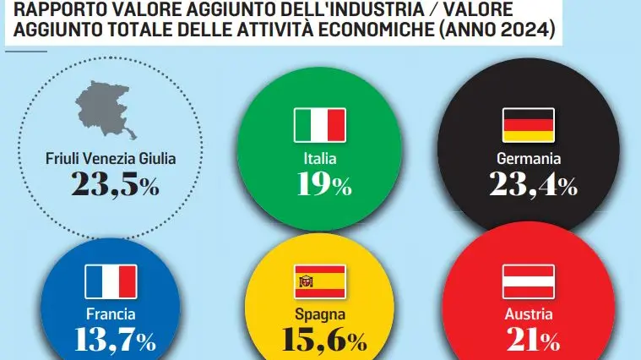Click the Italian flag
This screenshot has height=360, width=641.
(320, 125)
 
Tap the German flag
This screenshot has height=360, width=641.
(529, 124)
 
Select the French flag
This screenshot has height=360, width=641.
(111, 281)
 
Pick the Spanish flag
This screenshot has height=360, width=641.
(320, 281)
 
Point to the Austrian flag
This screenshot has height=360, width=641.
(529, 281)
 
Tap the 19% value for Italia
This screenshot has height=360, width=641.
(320, 184)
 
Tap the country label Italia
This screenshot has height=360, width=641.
(320, 158)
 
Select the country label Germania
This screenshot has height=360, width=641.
(529, 158)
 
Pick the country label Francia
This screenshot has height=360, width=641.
(111, 314)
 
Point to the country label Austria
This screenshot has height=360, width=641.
(529, 314)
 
